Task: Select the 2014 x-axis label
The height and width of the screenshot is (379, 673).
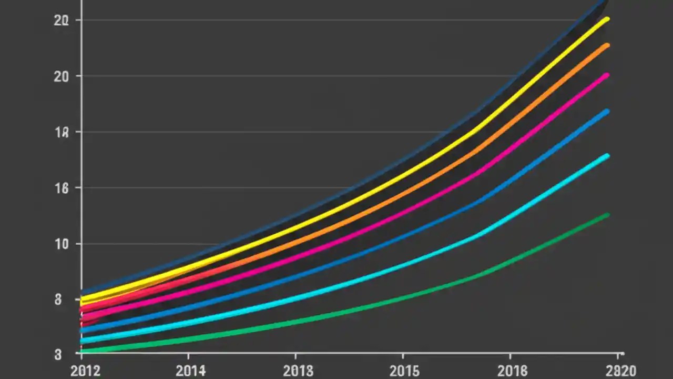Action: (x=191, y=371)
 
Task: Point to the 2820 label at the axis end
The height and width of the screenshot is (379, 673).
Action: (x=621, y=371)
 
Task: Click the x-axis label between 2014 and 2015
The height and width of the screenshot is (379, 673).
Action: (x=298, y=371)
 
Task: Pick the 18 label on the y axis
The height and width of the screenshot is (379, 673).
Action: (x=62, y=132)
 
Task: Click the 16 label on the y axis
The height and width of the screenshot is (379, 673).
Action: (x=62, y=188)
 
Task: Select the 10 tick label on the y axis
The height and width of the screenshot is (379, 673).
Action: (x=62, y=244)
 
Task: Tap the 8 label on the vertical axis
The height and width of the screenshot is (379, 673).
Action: (x=58, y=300)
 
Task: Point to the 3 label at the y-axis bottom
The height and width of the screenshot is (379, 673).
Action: (x=58, y=354)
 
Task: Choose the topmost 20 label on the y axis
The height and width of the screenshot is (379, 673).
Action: (x=61, y=21)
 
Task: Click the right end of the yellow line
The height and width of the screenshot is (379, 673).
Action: (x=607, y=19)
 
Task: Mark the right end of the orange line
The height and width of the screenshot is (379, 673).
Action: (x=607, y=45)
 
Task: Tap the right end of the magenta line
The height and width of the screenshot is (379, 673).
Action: (x=607, y=75)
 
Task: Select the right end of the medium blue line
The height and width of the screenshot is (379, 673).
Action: (x=607, y=111)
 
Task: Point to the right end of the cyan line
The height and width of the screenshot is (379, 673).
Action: (x=607, y=156)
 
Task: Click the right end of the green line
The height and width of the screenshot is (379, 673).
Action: (x=607, y=215)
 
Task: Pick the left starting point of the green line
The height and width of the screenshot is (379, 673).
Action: (x=83, y=351)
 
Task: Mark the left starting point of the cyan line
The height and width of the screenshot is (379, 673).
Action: (x=83, y=341)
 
